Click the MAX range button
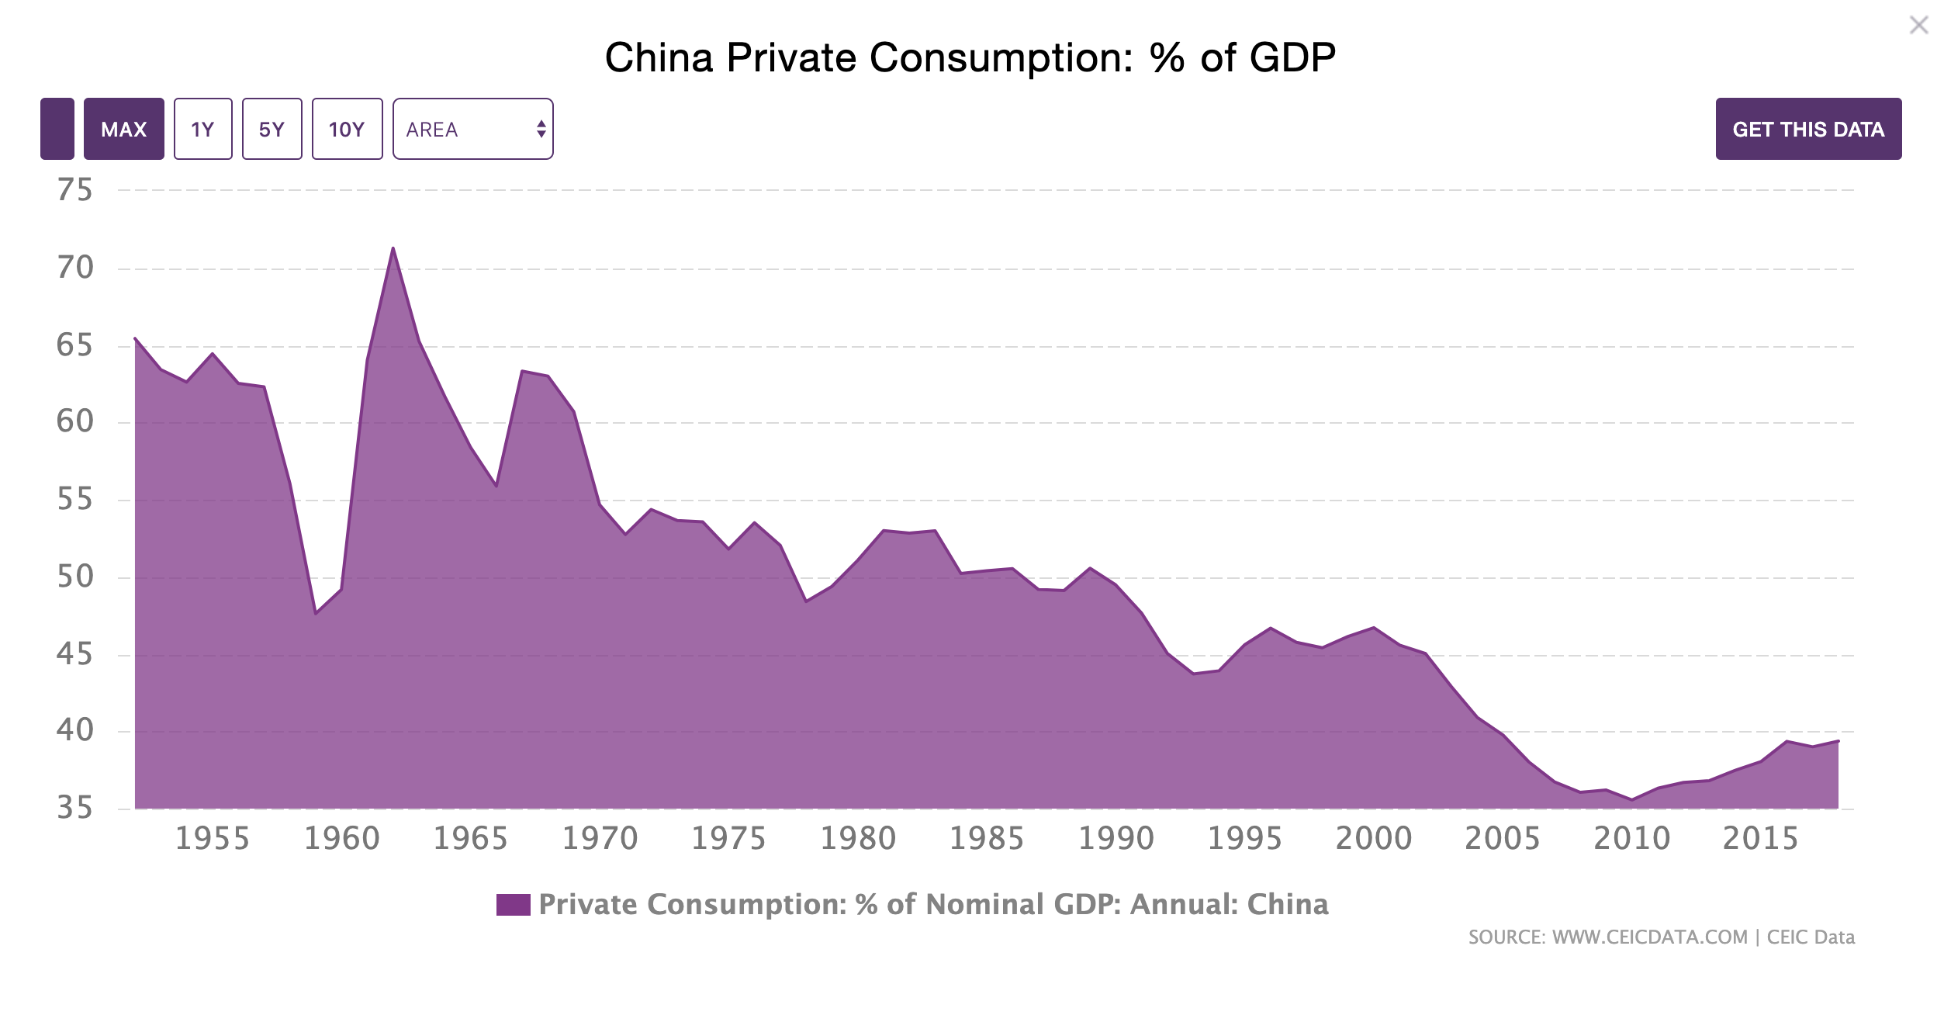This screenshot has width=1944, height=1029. (124, 129)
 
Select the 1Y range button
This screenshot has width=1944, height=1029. (202, 129)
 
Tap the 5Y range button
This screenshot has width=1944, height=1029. (272, 129)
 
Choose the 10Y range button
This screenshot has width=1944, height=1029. (347, 129)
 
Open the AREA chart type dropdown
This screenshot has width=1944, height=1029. (472, 129)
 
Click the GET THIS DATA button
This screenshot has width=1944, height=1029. (1807, 129)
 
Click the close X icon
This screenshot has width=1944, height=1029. (1918, 26)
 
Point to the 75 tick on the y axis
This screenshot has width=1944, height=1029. (74, 190)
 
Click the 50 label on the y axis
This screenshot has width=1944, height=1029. (74, 577)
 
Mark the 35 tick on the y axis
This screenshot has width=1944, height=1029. (74, 809)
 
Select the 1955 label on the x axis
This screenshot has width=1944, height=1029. (213, 839)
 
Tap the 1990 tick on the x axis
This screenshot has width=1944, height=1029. (1116, 839)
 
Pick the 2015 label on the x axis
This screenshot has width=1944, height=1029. (1760, 839)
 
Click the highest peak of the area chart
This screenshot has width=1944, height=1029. (393, 248)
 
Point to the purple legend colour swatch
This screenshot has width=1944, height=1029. (513, 905)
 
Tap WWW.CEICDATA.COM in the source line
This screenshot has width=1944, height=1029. (1649, 937)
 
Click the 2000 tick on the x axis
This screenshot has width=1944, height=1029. (1374, 839)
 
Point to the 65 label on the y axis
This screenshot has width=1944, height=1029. (74, 345)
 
